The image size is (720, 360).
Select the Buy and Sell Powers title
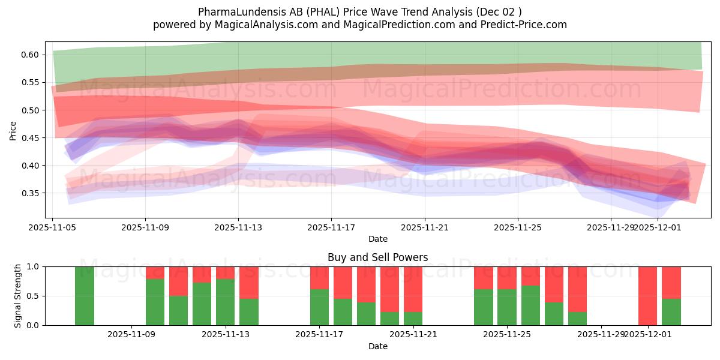tap(377, 257)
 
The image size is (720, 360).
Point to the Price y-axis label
tap(13, 130)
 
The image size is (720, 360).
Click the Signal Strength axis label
tap(18, 295)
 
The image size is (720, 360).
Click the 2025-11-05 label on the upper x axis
tap(52, 228)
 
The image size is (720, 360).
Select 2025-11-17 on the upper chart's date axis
tap(331, 228)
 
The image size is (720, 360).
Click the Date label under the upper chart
tap(377, 239)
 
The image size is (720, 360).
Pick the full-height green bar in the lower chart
tap(85, 296)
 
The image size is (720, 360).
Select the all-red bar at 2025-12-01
tap(647, 296)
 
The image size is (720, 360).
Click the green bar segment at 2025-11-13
tap(225, 302)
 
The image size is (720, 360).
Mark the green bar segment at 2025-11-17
tap(319, 307)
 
